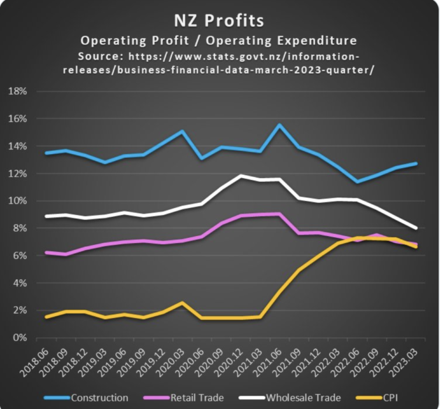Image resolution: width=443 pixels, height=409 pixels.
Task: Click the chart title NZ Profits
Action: (x=218, y=20)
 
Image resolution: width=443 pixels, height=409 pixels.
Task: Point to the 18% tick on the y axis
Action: (x=17, y=92)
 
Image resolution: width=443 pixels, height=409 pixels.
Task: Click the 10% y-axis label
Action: (x=17, y=201)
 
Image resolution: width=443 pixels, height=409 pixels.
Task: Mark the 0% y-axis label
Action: (x=19, y=338)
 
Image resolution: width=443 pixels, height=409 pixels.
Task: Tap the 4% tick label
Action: (x=19, y=283)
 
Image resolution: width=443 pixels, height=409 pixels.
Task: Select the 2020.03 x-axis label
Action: (x=173, y=364)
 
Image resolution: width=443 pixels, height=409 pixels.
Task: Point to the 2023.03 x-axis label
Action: (x=405, y=364)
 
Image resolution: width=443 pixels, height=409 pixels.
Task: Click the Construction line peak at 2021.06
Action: (x=279, y=125)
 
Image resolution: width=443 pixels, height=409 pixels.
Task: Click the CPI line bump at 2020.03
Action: (x=182, y=303)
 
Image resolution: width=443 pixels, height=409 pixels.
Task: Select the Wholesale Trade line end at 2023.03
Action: (x=416, y=228)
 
